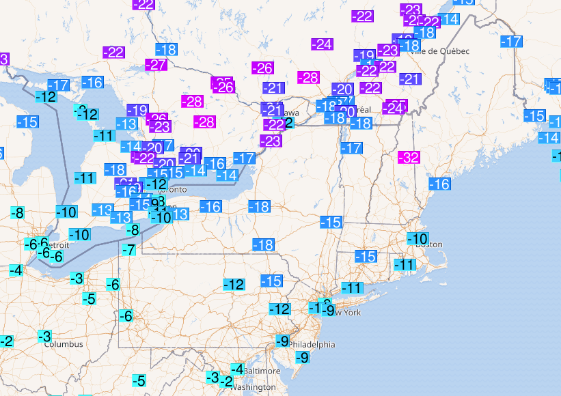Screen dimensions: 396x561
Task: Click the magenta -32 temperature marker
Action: pos(409,157)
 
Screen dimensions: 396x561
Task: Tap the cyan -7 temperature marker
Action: pos(128,249)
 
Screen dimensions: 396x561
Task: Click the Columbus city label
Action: pos(64,344)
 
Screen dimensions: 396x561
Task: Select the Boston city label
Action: pos(429,244)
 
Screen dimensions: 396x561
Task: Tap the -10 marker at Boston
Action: pos(418,238)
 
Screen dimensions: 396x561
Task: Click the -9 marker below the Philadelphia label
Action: pos(301,357)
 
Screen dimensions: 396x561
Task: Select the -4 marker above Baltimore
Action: pos(237,369)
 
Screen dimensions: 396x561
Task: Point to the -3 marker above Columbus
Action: pos(45,336)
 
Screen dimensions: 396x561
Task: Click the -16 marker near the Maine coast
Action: pos(439,184)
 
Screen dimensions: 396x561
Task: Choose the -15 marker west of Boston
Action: pos(366,256)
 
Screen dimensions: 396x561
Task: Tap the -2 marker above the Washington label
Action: pos(225,381)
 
